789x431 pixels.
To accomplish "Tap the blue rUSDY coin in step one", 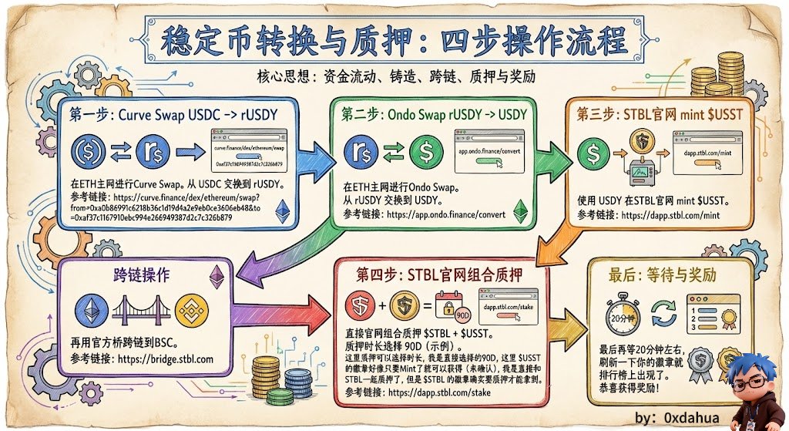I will click(x=153, y=152).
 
